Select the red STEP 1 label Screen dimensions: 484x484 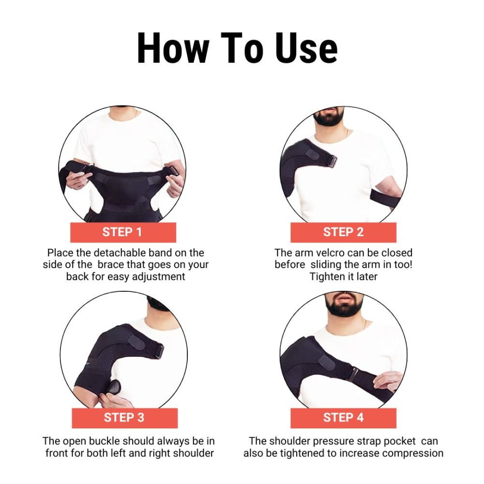(123, 232)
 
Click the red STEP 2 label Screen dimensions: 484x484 (343, 232)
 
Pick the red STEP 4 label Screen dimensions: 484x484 (343, 418)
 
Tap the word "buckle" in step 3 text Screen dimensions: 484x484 (106, 441)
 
